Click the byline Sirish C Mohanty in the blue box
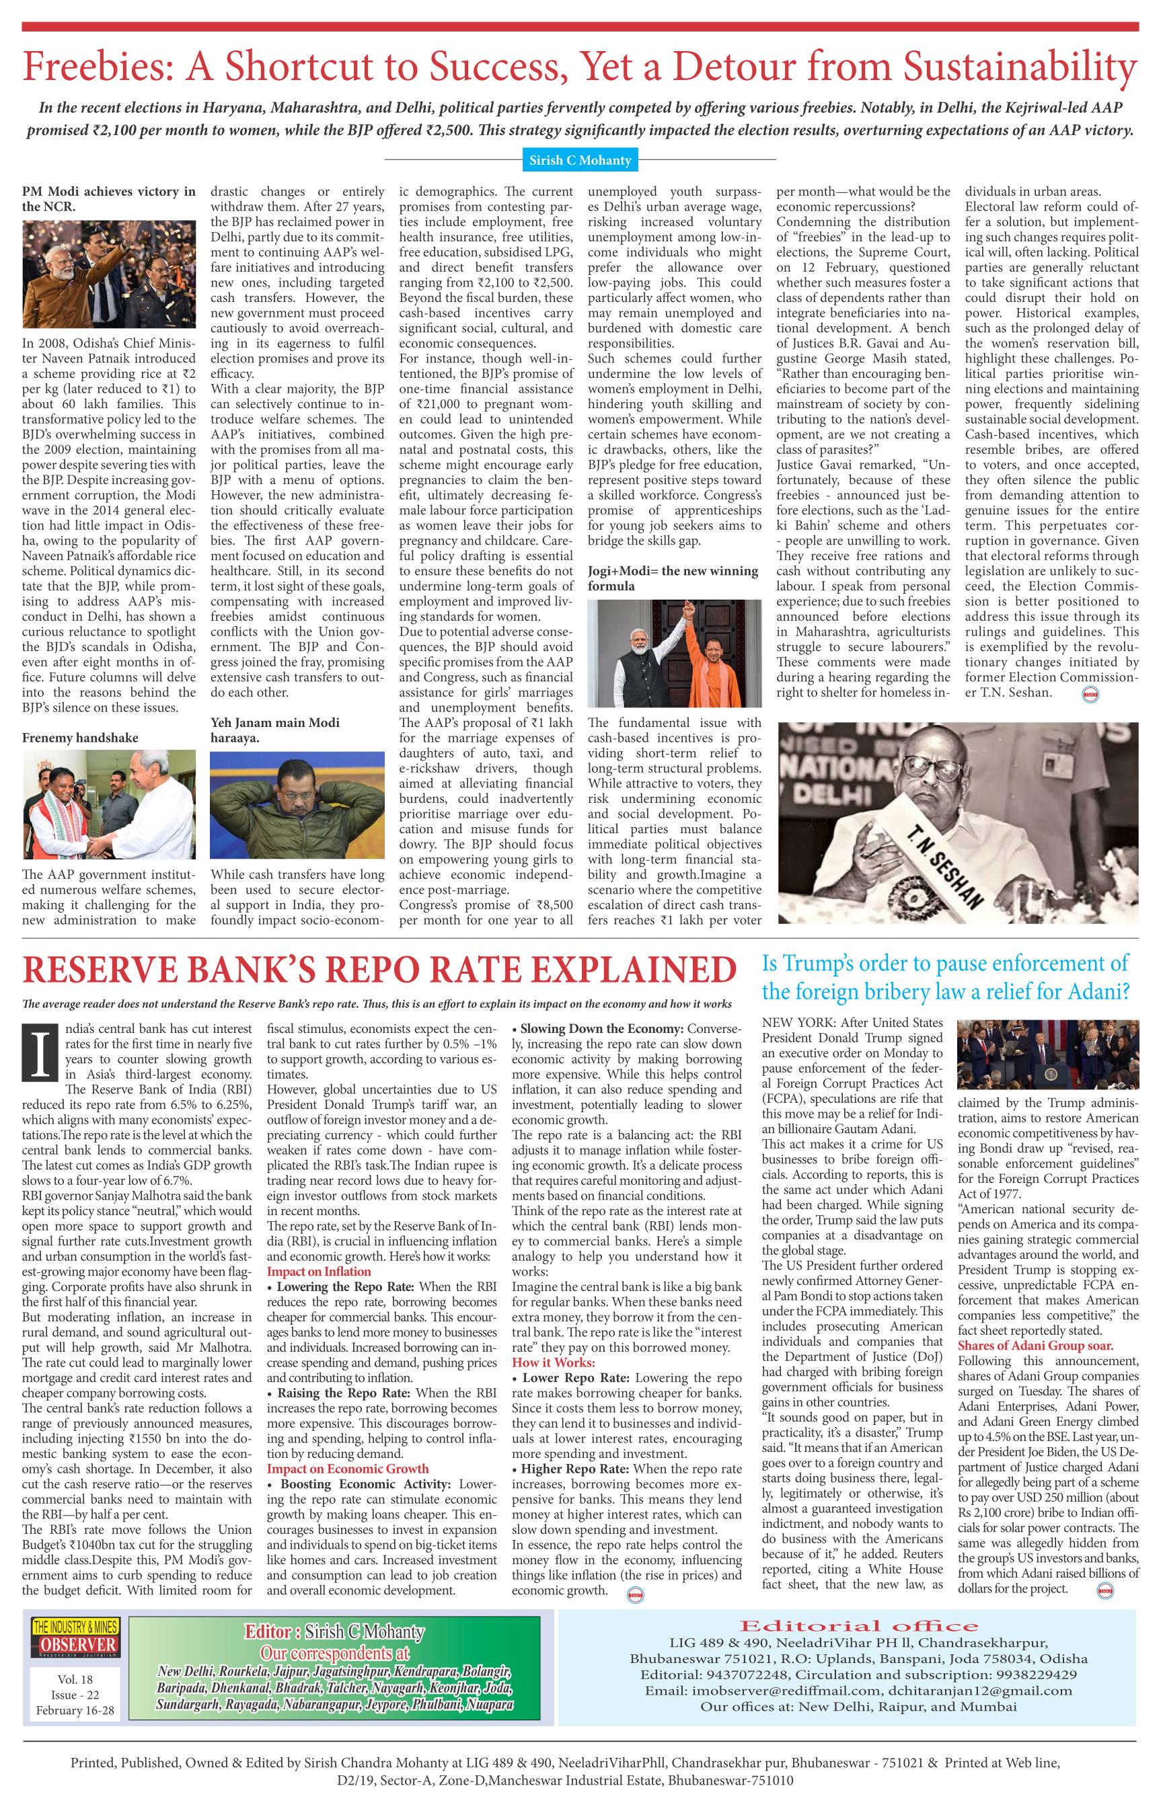[x=579, y=160]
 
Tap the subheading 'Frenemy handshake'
[x=80, y=738]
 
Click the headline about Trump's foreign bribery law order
[x=946, y=977]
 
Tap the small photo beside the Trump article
[x=1047, y=1056]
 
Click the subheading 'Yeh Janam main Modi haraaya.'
[x=274, y=730]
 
